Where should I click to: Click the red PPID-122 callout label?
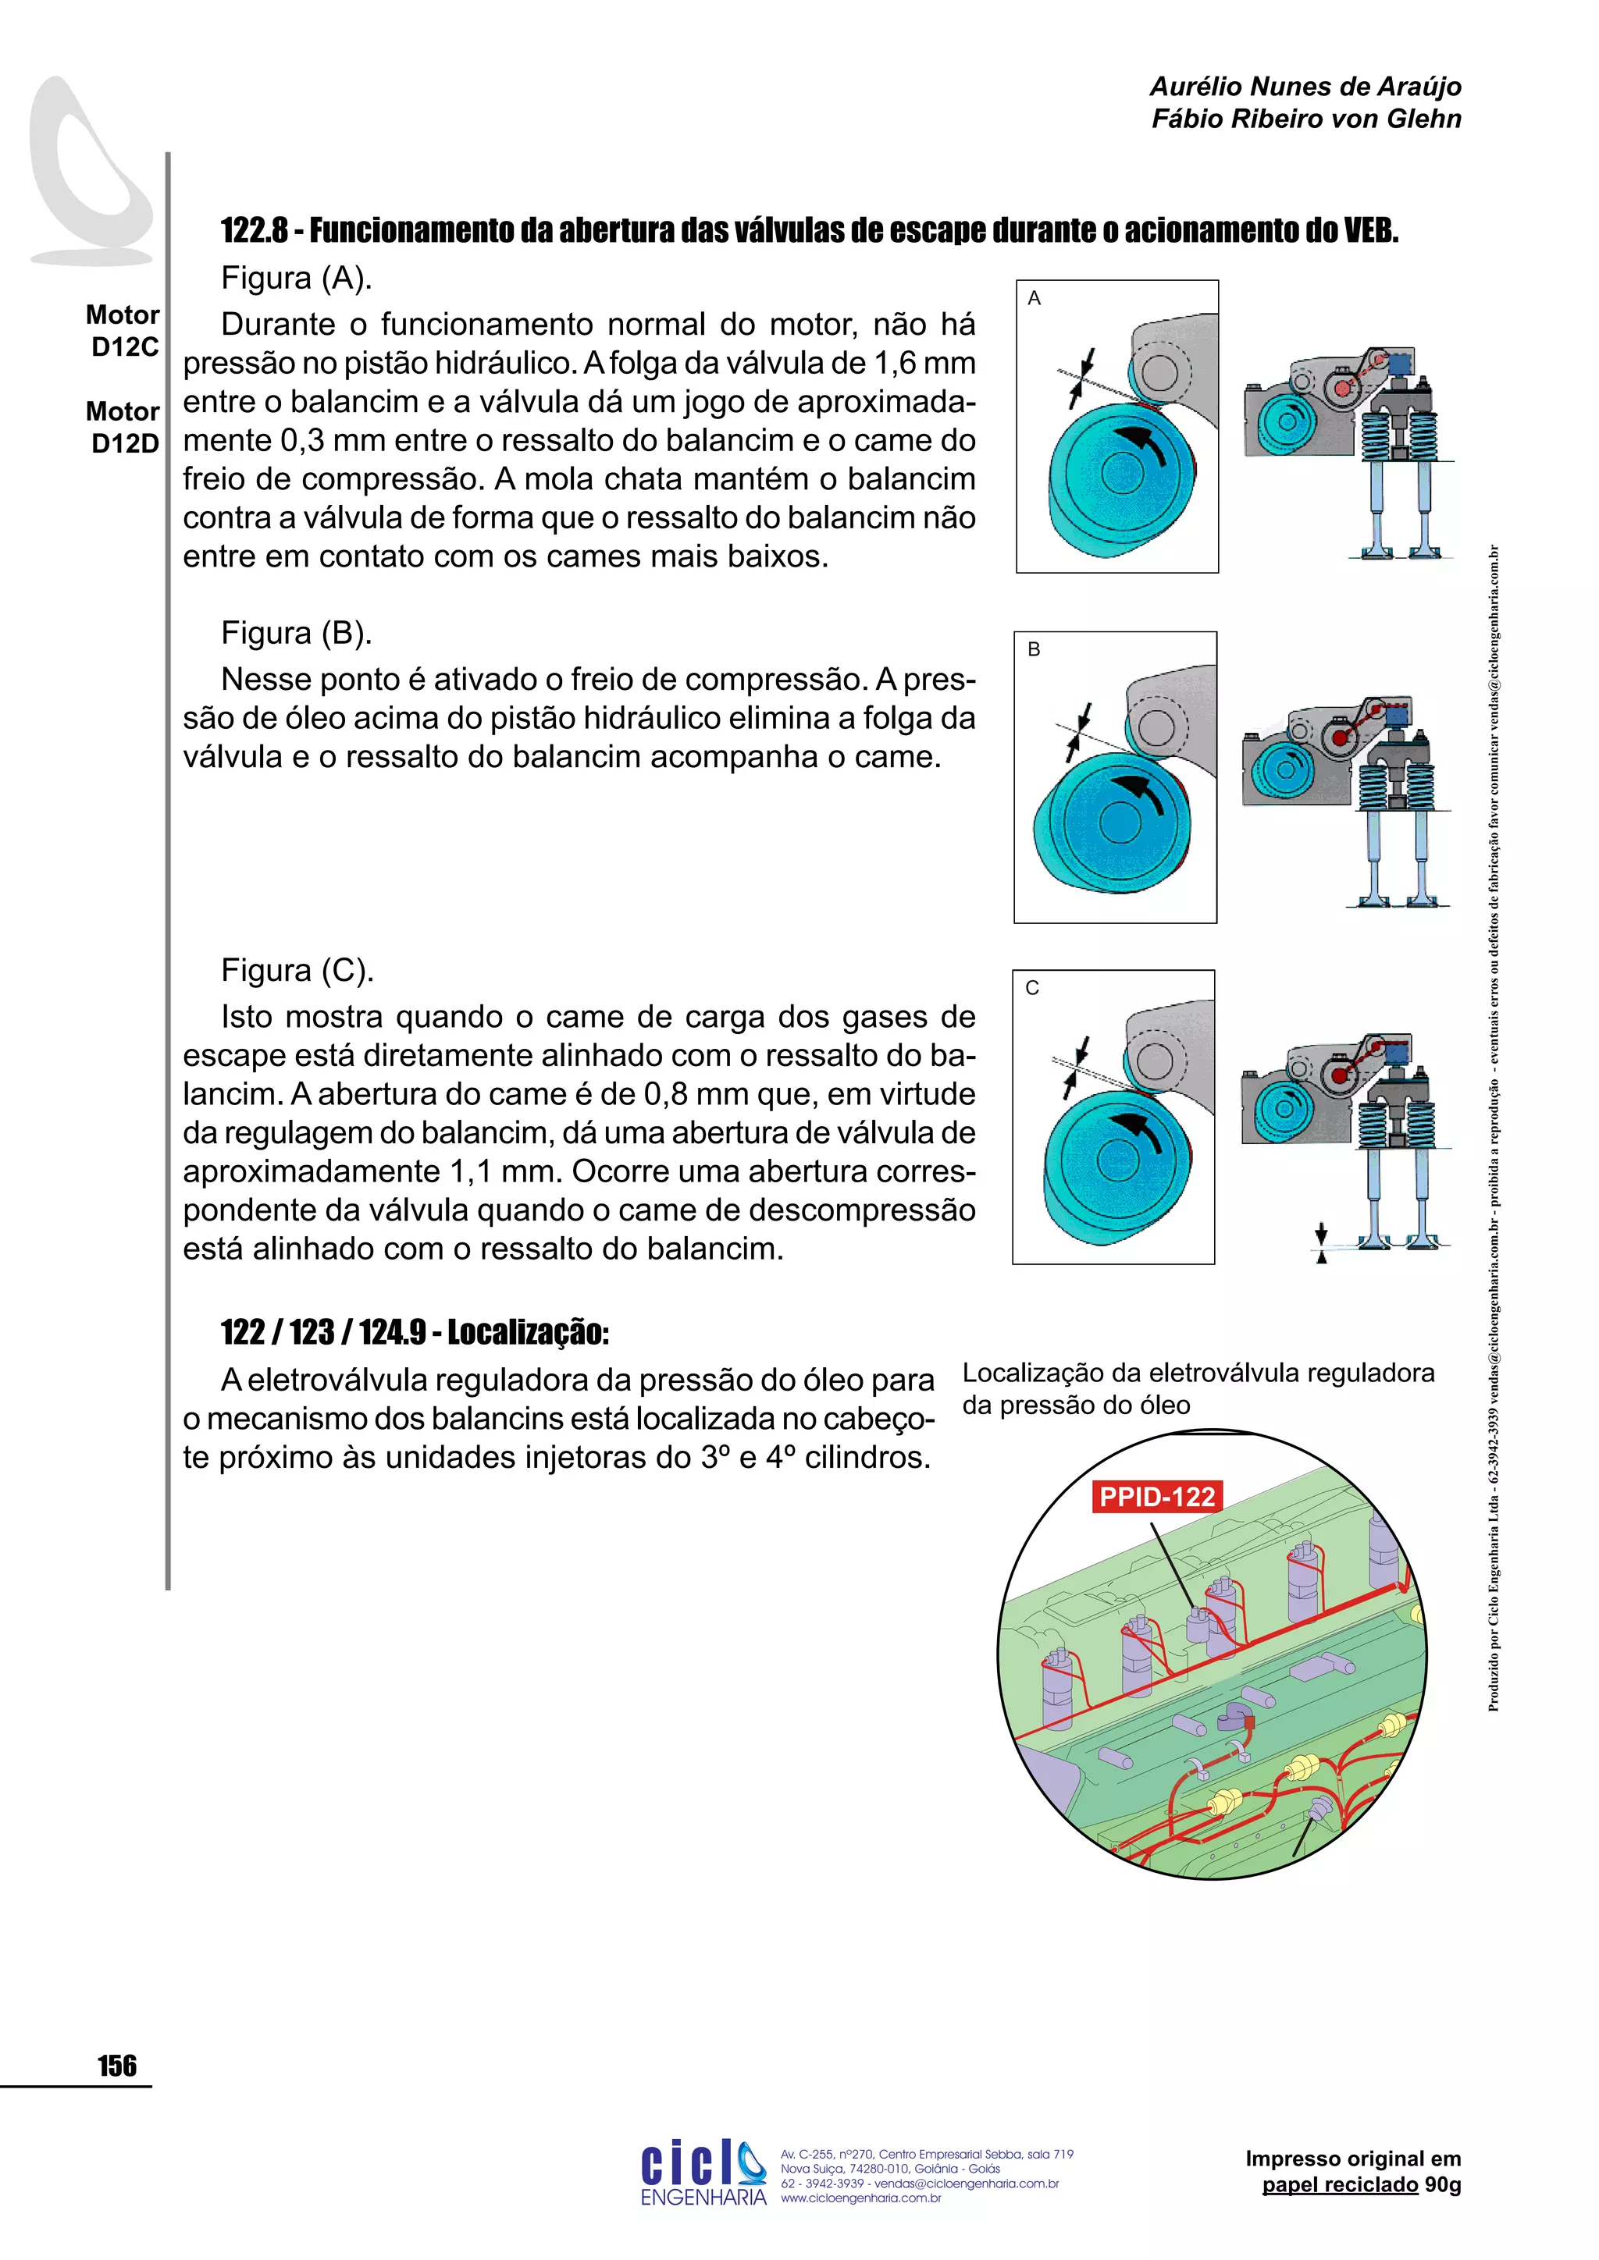pyautogui.click(x=1157, y=1497)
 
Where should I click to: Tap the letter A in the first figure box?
pyautogui.click(x=1034, y=298)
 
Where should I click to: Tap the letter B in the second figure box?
pyautogui.click(x=1034, y=649)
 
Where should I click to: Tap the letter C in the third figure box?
pyautogui.click(x=1032, y=988)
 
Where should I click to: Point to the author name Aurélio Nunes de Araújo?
pyautogui.click(x=1305, y=87)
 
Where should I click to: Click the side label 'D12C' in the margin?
pyautogui.click(x=125, y=346)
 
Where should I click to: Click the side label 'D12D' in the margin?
pyautogui.click(x=125, y=443)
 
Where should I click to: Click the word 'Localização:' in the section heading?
pyautogui.click(x=528, y=1332)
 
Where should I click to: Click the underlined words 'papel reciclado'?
pyautogui.click(x=1340, y=2185)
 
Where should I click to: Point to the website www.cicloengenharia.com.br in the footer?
pyautogui.click(x=860, y=2198)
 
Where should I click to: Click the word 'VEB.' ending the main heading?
pyautogui.click(x=1370, y=230)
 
